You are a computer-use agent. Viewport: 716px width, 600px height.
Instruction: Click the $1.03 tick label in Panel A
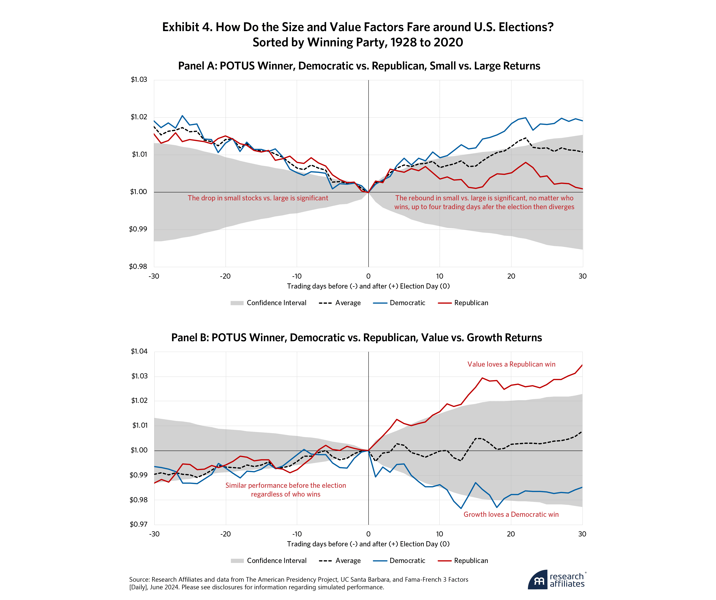pos(139,80)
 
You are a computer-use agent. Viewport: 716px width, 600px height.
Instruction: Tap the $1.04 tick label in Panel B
pos(139,351)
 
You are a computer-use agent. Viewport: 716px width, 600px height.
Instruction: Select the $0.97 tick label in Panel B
pos(138,524)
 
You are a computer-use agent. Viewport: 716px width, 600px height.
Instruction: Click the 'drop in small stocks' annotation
pos(258,198)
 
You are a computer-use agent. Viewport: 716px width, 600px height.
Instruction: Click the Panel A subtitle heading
pos(359,66)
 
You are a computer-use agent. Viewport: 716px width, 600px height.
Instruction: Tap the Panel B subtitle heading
pos(356,337)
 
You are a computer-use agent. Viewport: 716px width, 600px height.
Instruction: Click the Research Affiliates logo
pos(556,580)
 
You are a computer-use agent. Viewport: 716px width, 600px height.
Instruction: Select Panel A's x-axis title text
pos(368,286)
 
